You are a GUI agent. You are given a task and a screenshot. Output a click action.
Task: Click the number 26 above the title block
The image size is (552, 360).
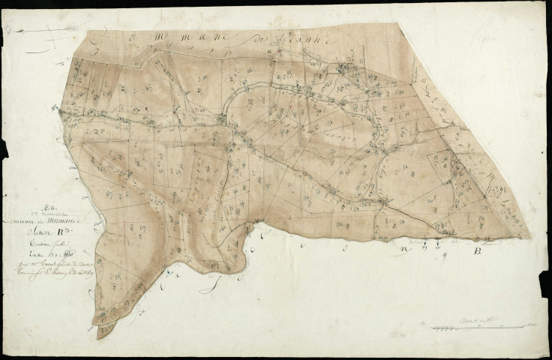click(x=49, y=201)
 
